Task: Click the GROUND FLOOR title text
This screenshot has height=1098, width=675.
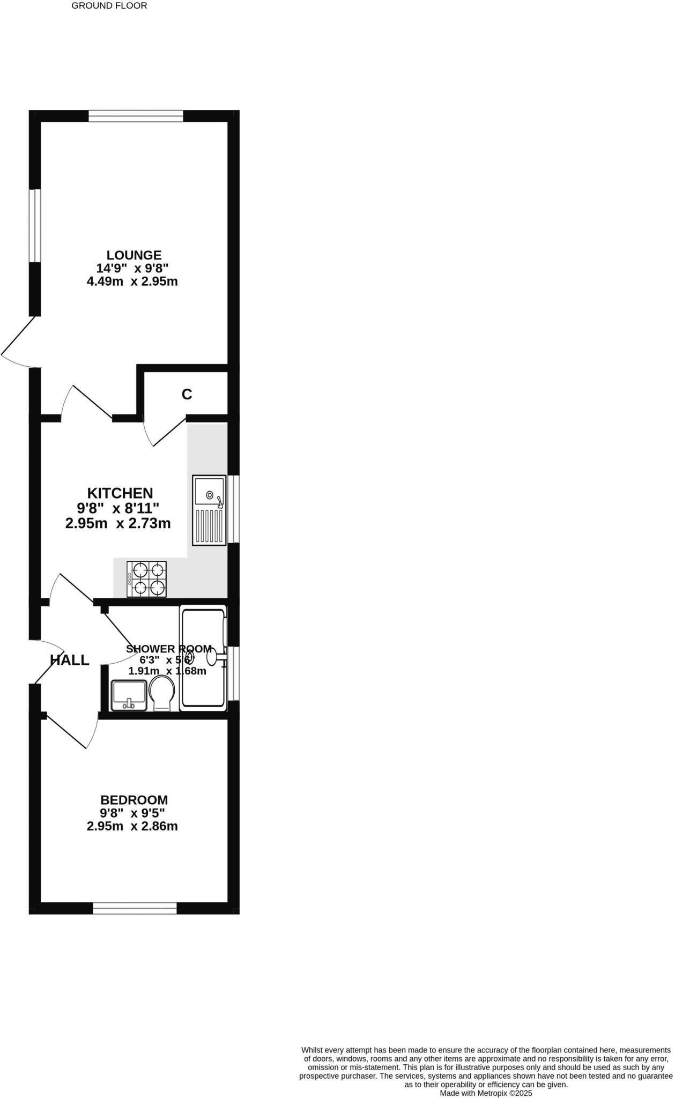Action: [x=109, y=6]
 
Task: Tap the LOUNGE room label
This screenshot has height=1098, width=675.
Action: [x=134, y=255]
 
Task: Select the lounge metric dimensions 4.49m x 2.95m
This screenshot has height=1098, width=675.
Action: [x=132, y=281]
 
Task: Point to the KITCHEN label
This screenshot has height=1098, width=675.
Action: [x=120, y=493]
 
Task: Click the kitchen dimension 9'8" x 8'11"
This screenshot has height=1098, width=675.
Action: [x=118, y=508]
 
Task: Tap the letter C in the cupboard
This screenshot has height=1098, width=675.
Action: [x=187, y=395]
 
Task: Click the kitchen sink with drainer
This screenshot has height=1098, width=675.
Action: [x=210, y=510]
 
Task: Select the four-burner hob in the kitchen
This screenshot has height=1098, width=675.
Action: [x=146, y=579]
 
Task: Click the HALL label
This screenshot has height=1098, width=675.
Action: [x=70, y=660]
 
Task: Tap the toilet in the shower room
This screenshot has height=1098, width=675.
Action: [x=162, y=693]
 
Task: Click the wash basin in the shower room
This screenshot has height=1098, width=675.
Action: [x=129, y=695]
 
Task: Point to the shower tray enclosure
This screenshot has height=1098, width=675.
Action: [x=203, y=658]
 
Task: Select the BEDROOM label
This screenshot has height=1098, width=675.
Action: [x=134, y=800]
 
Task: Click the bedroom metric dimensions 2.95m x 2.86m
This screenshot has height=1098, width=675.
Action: [x=132, y=826]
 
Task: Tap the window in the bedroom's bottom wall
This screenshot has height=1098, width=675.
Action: [x=135, y=908]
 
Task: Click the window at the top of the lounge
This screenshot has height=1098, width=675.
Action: [x=136, y=116]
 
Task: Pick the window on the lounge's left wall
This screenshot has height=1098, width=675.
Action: [x=35, y=226]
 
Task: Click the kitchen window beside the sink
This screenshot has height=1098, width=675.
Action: [x=234, y=509]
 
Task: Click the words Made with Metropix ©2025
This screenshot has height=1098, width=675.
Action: [x=486, y=1093]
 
